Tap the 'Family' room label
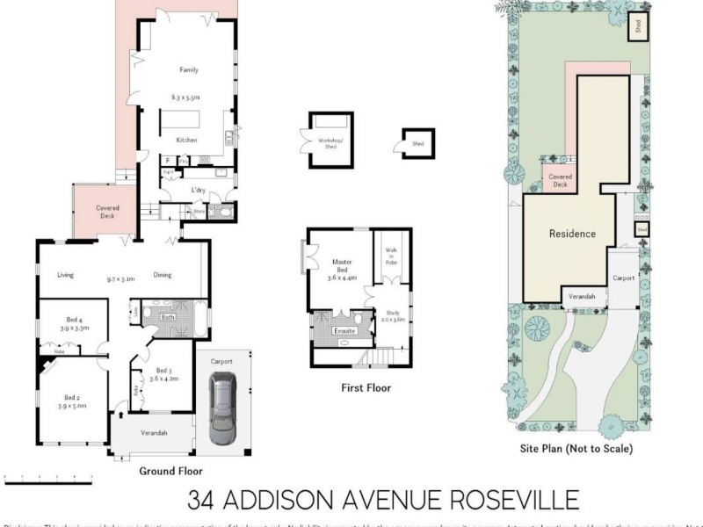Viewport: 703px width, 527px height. click(x=189, y=69)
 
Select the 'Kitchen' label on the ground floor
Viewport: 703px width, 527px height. click(x=186, y=140)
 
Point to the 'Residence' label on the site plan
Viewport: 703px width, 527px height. click(x=572, y=234)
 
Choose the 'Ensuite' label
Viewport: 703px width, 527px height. click(x=344, y=330)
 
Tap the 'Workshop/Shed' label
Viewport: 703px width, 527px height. click(x=331, y=143)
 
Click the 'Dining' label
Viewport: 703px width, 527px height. click(x=163, y=275)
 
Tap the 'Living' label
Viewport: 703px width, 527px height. click(x=66, y=275)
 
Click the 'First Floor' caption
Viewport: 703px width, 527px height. click(x=365, y=387)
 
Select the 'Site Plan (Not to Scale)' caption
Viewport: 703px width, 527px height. click(x=576, y=448)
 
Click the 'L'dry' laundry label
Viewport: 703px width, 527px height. click(x=199, y=191)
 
